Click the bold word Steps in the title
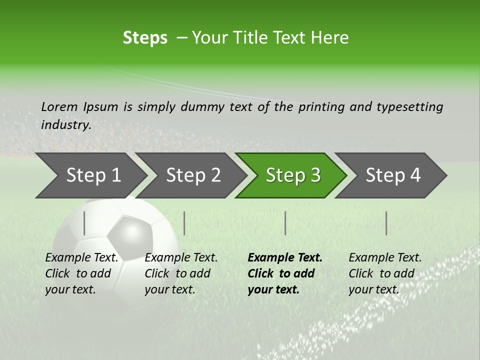145,38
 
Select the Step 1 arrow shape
90,175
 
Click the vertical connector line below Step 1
84,223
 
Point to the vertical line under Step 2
184,223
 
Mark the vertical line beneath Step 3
285,223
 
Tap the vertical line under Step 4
386,223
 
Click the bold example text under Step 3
284,273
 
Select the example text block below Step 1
81,273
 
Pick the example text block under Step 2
181,273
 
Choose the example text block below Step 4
385,273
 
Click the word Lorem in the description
59,106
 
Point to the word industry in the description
65,124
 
